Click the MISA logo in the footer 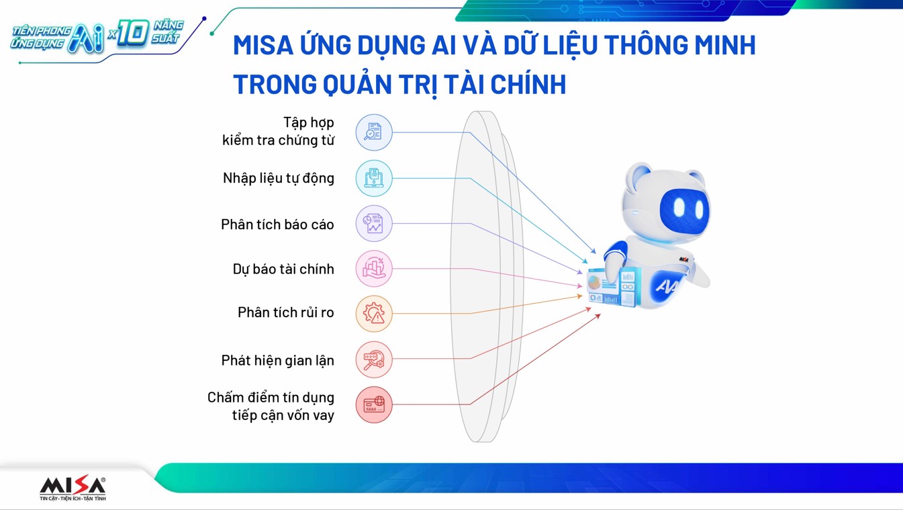tap(73, 488)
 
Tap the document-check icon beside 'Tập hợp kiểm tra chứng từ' tap(374, 132)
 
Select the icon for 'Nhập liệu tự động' tap(374, 178)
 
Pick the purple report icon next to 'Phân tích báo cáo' tap(374, 224)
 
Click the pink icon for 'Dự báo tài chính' tap(374, 268)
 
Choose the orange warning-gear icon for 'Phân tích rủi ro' tap(374, 314)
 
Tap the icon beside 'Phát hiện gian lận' tap(374, 359)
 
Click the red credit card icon tap(374, 405)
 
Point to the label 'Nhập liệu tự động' tap(279, 178)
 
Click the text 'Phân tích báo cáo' tap(277, 224)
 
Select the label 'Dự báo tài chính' tap(283, 269)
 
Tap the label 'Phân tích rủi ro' tap(286, 312)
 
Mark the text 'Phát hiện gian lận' tap(278, 360)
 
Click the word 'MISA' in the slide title tap(263, 45)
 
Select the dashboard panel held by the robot tap(613, 286)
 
